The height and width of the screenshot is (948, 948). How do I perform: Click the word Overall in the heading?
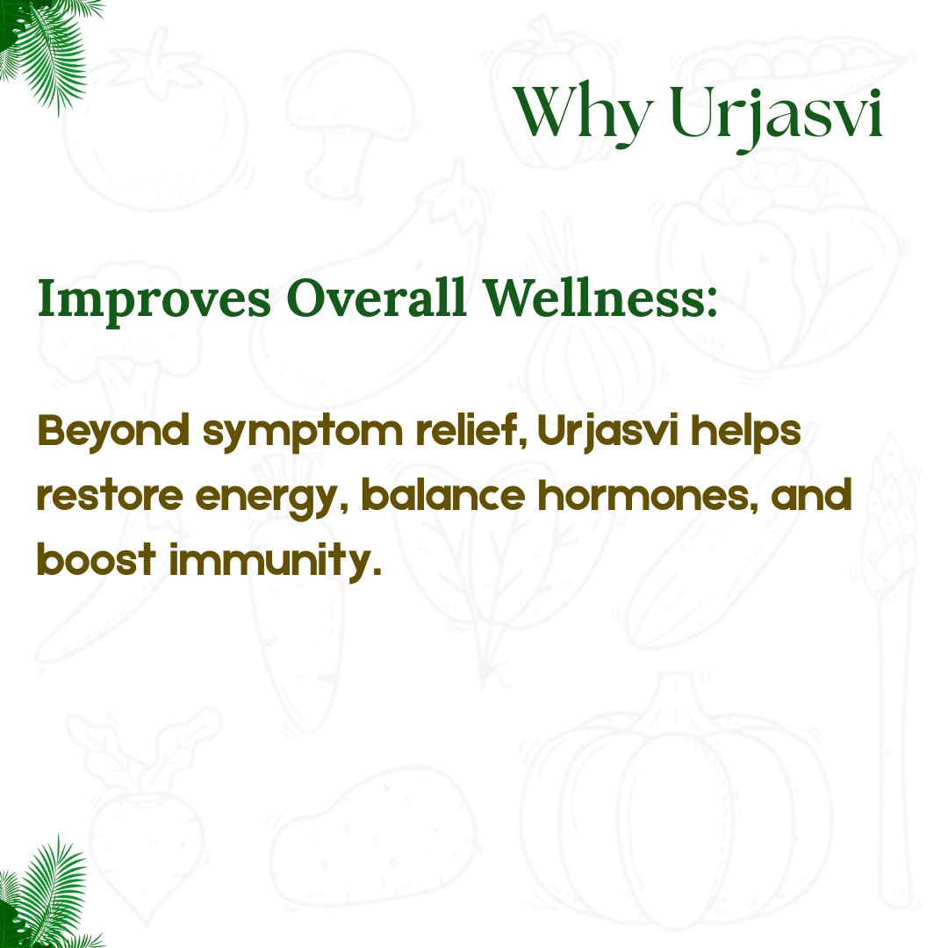click(377, 298)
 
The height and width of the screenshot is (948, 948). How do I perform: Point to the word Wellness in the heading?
click(600, 298)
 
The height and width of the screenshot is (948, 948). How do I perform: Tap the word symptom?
click(303, 434)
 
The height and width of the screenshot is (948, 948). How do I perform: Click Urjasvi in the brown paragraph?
click(607, 433)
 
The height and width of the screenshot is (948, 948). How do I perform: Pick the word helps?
click(745, 433)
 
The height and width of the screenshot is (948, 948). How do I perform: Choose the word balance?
click(443, 495)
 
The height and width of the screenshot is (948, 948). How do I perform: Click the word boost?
click(97, 559)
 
